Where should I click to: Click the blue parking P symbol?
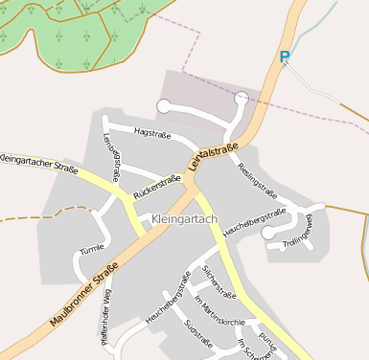coord(284,57)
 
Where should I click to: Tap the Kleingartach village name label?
coord(185,219)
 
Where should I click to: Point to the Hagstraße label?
coord(151,132)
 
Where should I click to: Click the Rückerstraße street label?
coord(157,186)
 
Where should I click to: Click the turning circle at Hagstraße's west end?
coord(164,105)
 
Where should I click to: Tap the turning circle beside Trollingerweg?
coord(267,232)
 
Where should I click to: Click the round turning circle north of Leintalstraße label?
coord(242,98)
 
